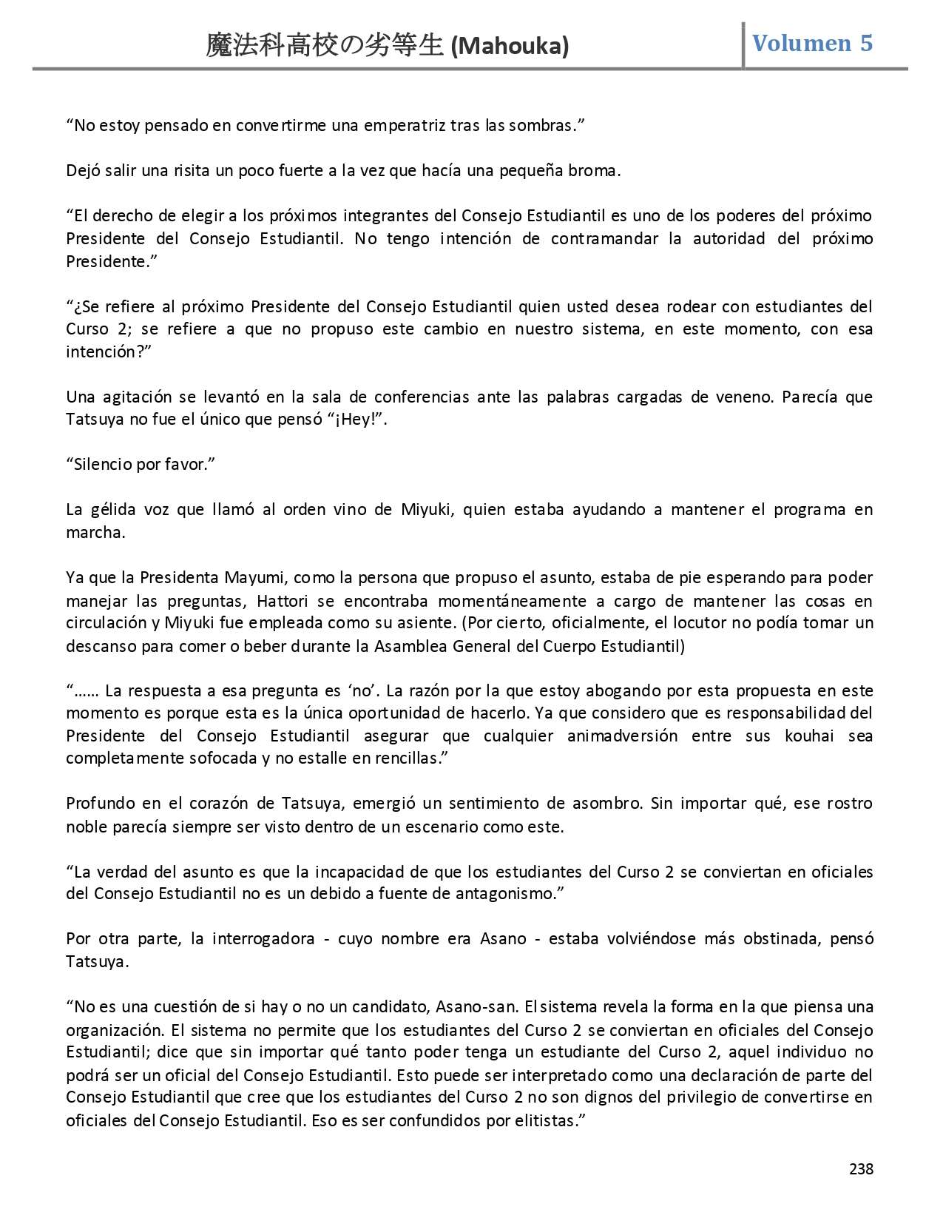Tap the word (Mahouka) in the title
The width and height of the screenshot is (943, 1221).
coord(510,47)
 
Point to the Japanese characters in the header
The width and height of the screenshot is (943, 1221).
coord(325,47)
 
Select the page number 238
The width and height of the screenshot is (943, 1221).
coord(861,1169)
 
